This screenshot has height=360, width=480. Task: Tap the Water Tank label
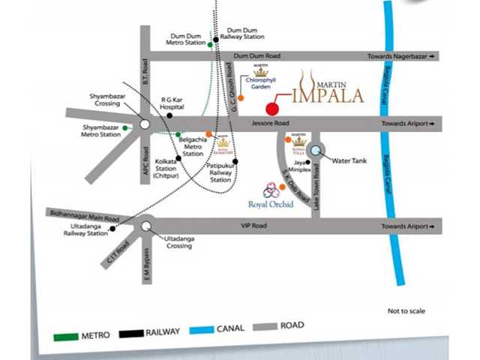pos(352,160)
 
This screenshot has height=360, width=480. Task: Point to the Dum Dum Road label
pos(256,56)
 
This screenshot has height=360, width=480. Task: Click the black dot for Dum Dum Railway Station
pos(216,39)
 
